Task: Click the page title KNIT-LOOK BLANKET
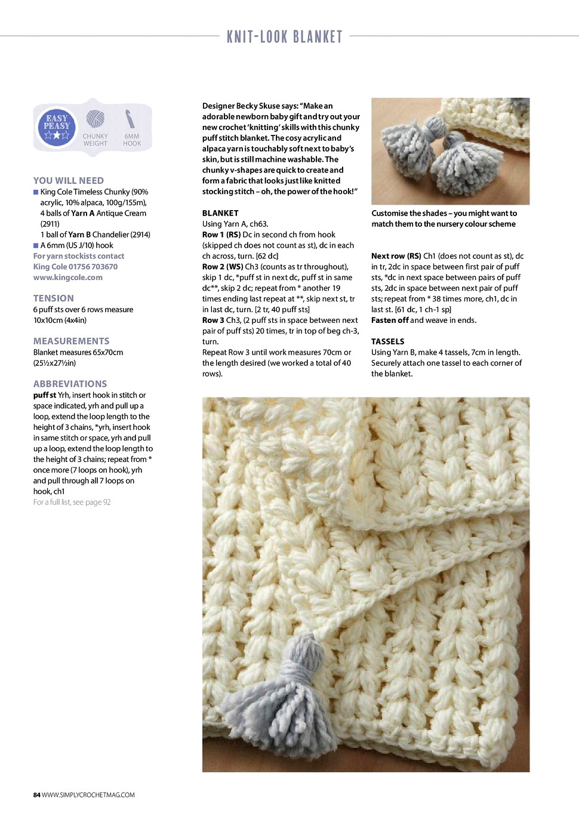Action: (x=285, y=37)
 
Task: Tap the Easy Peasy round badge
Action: (x=57, y=127)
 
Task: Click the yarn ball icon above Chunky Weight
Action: (x=95, y=119)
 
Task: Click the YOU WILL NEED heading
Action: (x=69, y=180)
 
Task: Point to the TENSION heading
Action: (x=54, y=298)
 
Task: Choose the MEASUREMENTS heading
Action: (x=72, y=341)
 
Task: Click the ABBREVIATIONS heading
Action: (x=70, y=384)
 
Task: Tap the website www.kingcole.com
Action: (x=68, y=278)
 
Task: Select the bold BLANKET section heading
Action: (x=220, y=213)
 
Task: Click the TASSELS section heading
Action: (x=388, y=341)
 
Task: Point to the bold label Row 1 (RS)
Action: (x=221, y=235)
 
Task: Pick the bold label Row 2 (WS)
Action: (x=221, y=267)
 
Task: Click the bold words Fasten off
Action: (x=390, y=320)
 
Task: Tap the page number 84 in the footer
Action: (x=36, y=795)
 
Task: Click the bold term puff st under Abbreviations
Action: (x=45, y=395)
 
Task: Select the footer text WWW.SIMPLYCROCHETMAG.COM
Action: (x=88, y=795)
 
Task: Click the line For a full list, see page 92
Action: (x=72, y=502)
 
